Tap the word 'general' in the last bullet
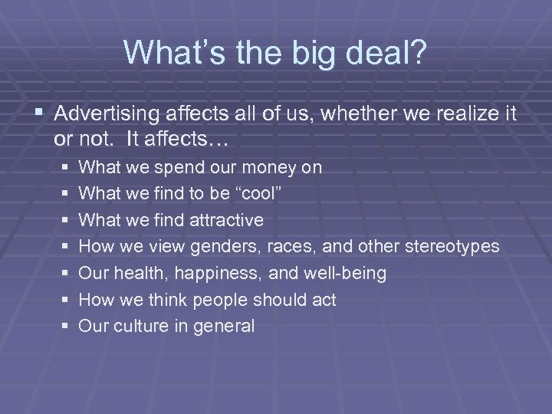224,327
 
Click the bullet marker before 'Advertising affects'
41,116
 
